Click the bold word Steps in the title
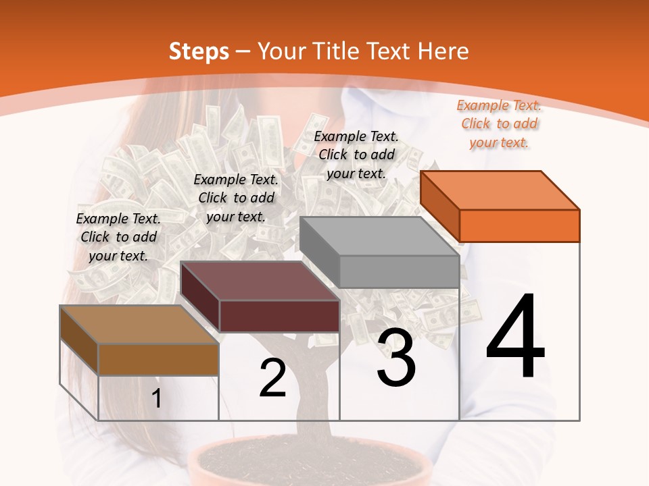pos(199,51)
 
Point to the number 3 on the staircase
pos(395,358)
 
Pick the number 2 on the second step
pos(272,379)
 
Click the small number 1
pos(156,399)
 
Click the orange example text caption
pos(499,124)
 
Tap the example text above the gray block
pos(356,155)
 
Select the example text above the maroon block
pos(236,198)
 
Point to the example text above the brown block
pos(118,237)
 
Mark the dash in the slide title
pos(243,52)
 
